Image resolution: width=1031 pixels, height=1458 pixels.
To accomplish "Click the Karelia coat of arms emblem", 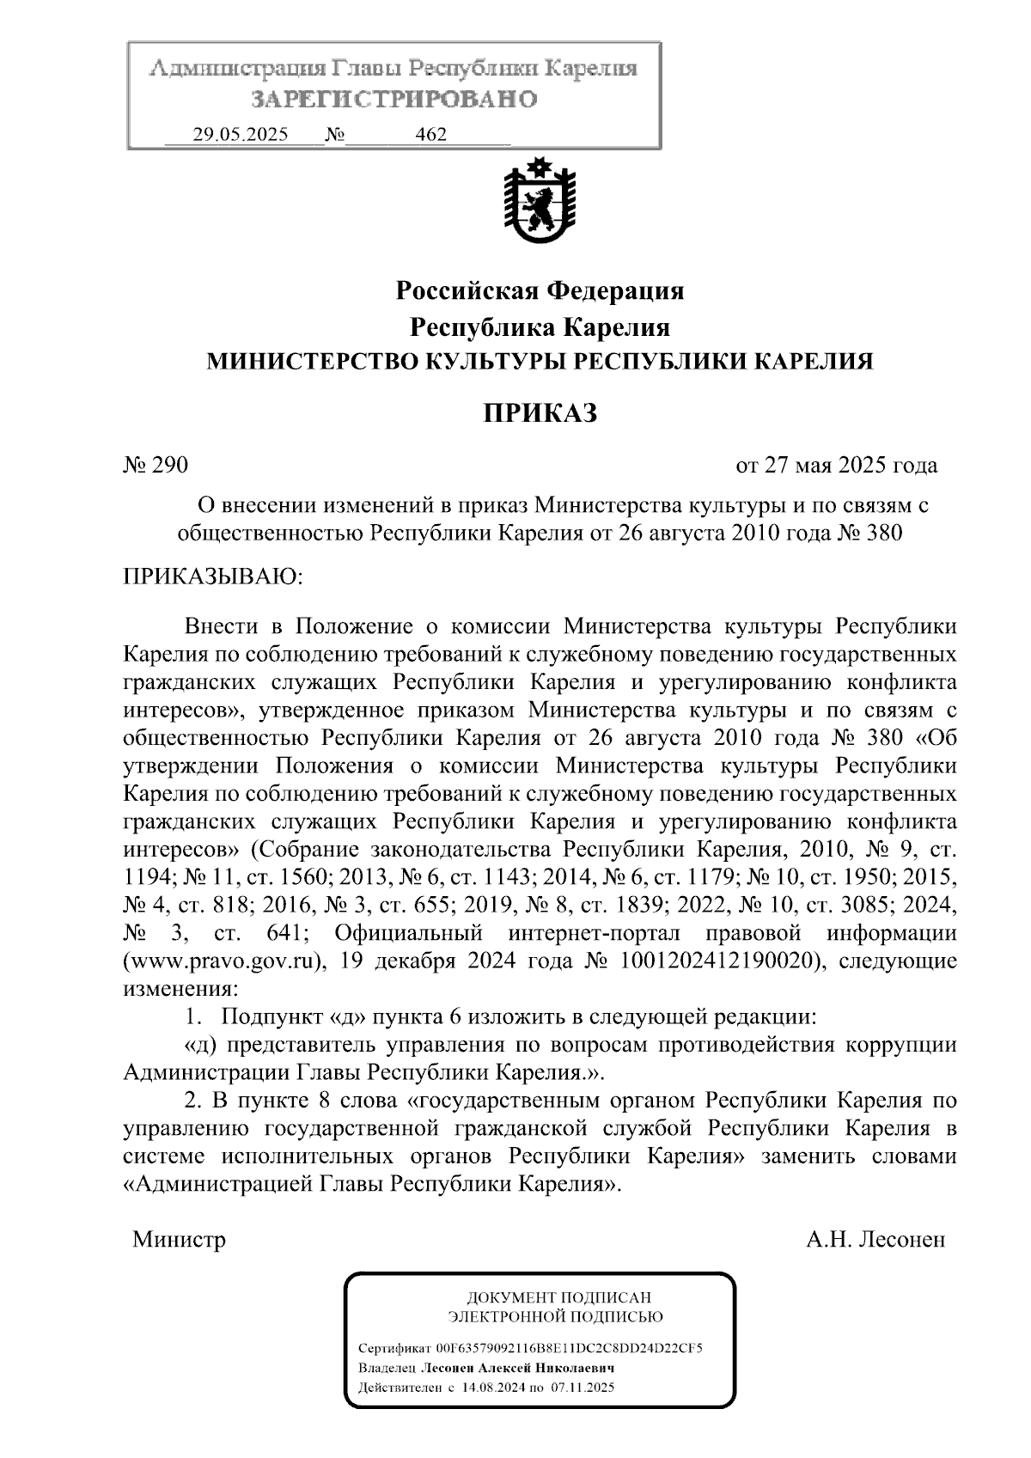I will coord(538,203).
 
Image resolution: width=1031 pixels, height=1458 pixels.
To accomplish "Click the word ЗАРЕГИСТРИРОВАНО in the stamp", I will coord(393,100).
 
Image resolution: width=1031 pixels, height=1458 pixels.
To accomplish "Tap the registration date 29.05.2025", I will coord(241,135).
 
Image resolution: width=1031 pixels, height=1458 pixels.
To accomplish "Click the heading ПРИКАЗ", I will coord(539,413).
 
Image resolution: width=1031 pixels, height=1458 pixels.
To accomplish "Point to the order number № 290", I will coord(156,466).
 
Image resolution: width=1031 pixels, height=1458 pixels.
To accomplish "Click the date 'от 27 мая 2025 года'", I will coord(836,466).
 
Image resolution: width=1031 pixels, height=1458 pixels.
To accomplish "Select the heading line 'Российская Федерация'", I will coord(539,291).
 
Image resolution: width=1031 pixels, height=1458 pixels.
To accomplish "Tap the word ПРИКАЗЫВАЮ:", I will coord(213,576).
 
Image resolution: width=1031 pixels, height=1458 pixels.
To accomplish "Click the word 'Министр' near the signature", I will coord(179,1240).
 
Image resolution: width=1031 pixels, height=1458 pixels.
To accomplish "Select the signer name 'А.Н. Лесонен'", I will coord(875,1240).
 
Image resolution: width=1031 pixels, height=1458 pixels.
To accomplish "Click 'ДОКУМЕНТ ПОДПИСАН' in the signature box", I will coord(558,1298).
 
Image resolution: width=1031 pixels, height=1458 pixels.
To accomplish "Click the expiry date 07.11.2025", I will coord(584,1388).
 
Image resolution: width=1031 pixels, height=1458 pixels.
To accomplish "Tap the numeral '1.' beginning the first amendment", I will coord(193,1017).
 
